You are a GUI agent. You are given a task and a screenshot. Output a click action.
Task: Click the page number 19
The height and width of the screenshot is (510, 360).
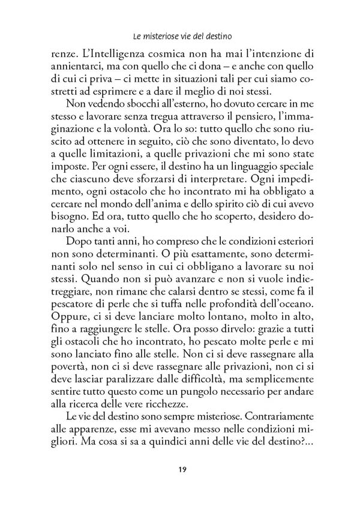pyautogui.click(x=180, y=469)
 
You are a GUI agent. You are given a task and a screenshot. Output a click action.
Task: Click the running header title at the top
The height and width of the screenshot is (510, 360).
pyautogui.click(x=179, y=35)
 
